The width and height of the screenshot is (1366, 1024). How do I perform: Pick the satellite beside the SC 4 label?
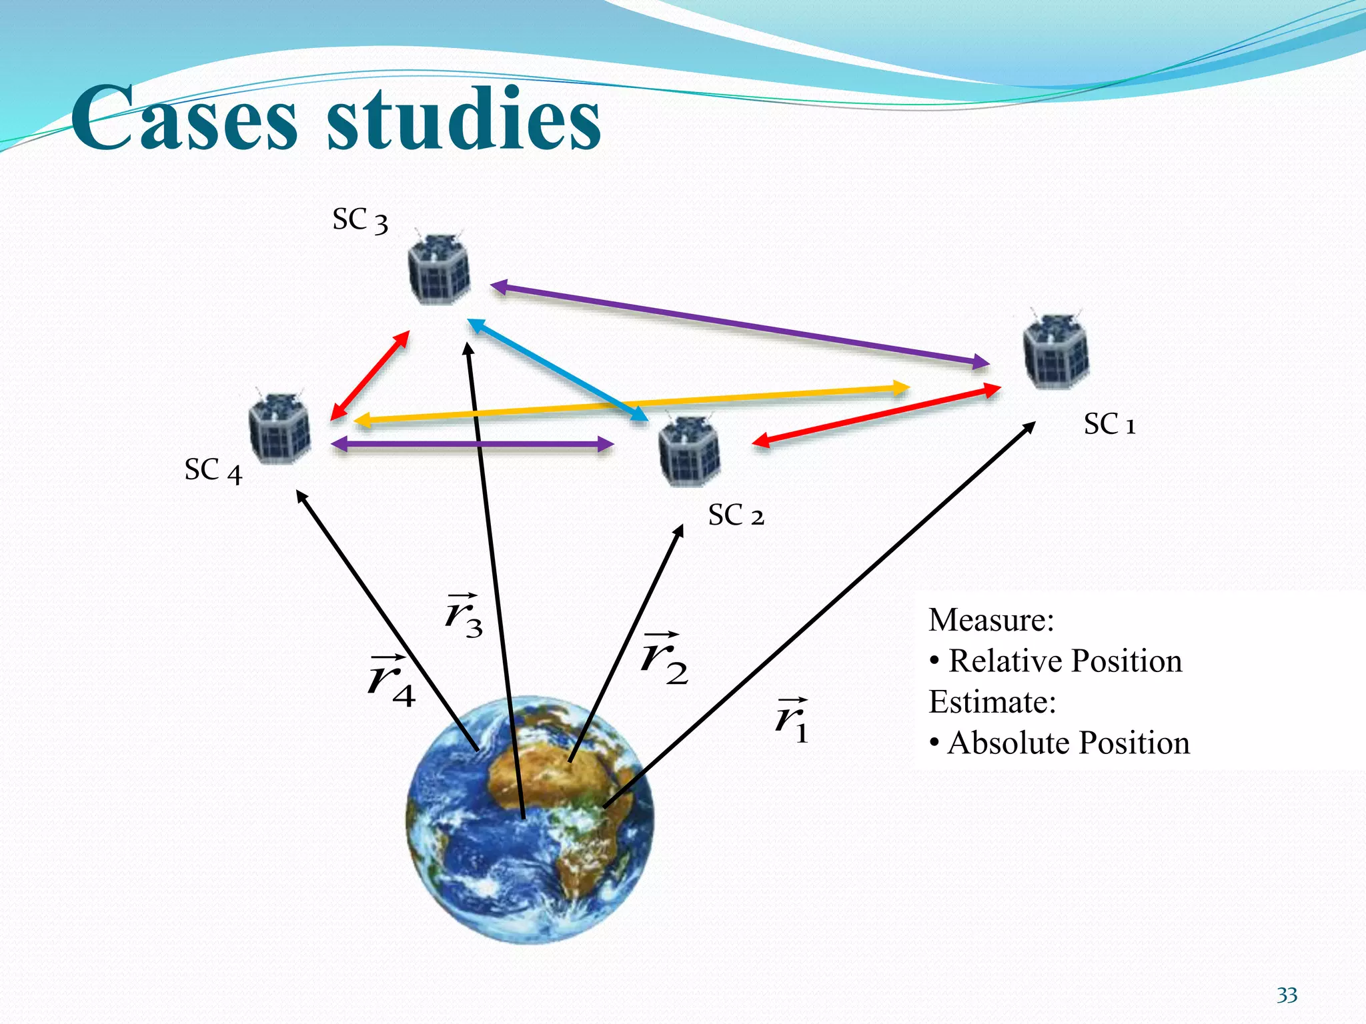tap(279, 427)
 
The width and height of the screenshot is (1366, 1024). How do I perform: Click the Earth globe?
tap(530, 819)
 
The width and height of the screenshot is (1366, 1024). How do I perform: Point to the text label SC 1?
tap(1109, 424)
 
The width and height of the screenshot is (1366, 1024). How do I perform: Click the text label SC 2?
tap(736, 515)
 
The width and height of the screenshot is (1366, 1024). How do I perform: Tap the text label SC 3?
tap(360, 220)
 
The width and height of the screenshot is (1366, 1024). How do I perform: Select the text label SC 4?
tap(213, 471)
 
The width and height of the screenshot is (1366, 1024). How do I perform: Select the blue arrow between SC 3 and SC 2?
tap(558, 370)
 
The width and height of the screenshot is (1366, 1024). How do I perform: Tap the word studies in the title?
tap(464, 120)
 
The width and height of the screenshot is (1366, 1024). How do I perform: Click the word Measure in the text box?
tap(990, 620)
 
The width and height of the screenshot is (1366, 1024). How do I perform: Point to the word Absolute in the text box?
tap(1008, 743)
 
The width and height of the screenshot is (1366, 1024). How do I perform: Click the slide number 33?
tap(1287, 995)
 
